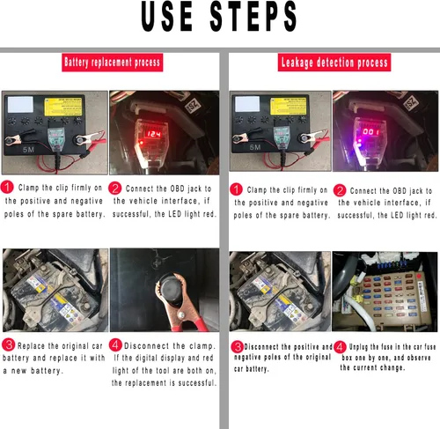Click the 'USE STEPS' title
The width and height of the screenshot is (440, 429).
pos(219,17)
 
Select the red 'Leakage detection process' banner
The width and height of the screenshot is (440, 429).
pos(334,63)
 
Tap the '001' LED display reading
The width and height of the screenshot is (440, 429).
pos(372,133)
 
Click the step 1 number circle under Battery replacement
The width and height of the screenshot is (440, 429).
pos(8,189)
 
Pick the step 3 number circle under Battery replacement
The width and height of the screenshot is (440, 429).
pos(8,344)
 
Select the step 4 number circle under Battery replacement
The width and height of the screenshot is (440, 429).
pos(117,344)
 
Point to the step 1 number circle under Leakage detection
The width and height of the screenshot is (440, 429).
pos(235,189)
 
